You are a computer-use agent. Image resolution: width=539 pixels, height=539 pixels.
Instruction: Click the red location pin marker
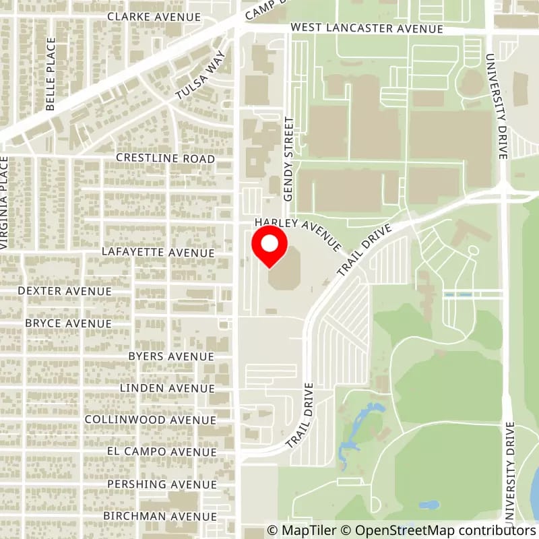[269, 245]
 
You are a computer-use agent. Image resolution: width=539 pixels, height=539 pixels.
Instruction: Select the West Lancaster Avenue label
[367, 29]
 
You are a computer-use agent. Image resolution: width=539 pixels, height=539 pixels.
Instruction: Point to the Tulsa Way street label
[199, 77]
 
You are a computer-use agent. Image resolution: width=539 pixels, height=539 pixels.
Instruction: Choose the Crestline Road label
[165, 159]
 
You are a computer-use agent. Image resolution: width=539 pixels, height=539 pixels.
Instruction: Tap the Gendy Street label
[290, 159]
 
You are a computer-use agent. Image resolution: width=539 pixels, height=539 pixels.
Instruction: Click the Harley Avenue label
[298, 228]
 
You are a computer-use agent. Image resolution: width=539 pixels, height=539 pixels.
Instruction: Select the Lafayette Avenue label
[158, 252]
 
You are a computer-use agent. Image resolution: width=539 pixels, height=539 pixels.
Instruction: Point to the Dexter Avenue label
[65, 291]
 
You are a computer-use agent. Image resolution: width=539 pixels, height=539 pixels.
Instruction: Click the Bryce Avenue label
[68, 323]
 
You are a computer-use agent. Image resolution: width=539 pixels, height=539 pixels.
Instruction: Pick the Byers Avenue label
[171, 356]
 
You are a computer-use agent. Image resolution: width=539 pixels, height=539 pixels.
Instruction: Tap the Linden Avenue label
[167, 388]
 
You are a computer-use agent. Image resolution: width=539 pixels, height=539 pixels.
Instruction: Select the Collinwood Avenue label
[150, 419]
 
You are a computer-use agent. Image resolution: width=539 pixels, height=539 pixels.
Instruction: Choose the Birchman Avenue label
[160, 516]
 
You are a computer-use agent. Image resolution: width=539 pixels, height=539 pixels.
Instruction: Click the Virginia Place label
[5, 202]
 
